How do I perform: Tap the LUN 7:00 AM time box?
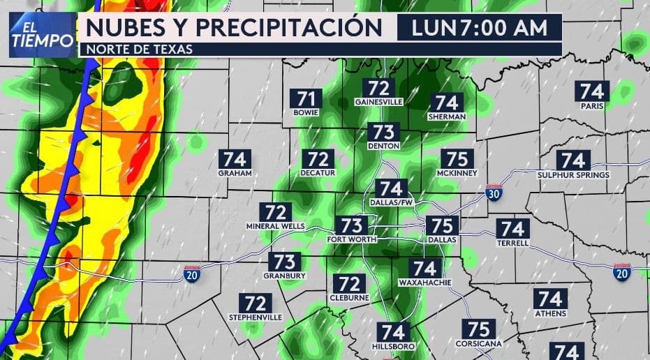point(479,29)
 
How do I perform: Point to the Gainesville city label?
point(379,101)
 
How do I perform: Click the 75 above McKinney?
point(456,159)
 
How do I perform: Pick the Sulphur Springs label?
point(573,174)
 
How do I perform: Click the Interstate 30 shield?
point(494,193)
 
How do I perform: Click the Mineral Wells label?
point(276,227)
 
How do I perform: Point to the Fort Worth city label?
point(352,239)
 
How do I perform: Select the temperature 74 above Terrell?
point(512,228)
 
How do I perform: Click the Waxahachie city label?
point(424,283)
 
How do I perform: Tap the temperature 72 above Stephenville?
point(256,303)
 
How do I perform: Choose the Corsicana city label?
point(478,343)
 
